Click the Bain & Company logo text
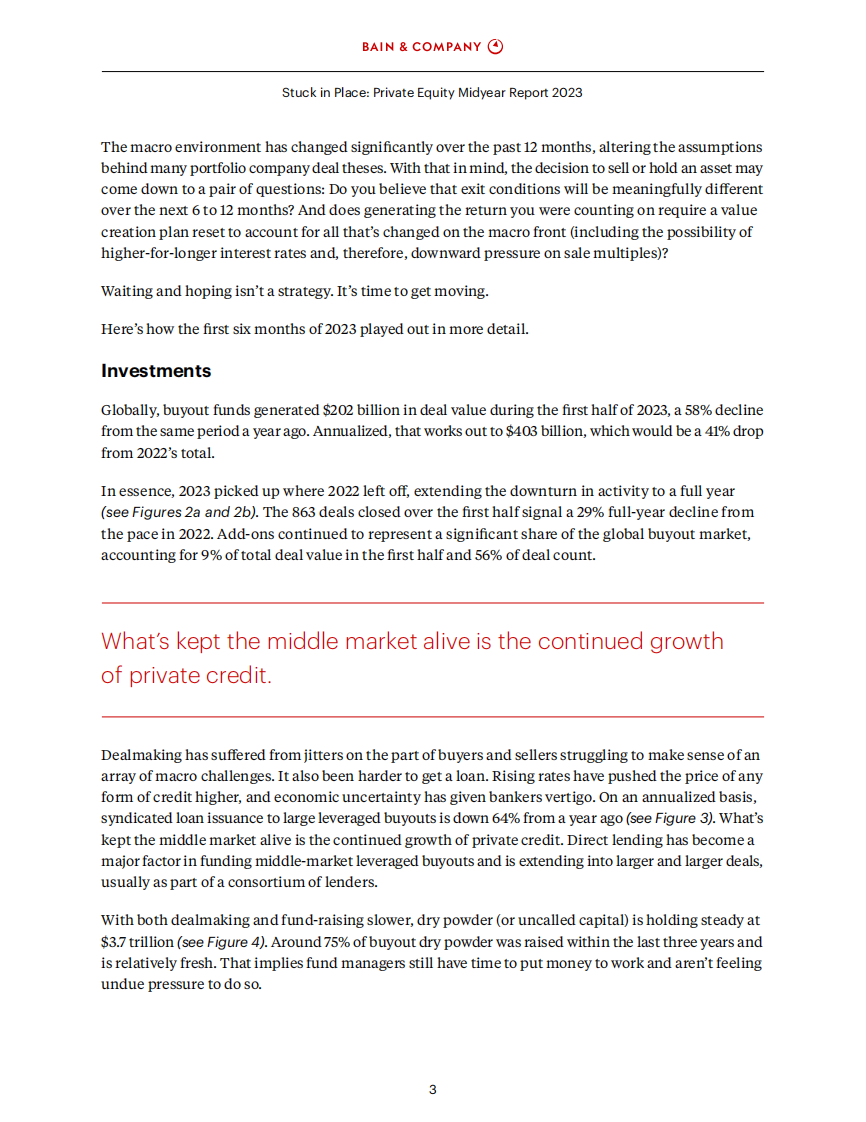[423, 46]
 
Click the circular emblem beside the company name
[496, 46]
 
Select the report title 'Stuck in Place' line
[432, 93]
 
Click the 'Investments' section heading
[156, 371]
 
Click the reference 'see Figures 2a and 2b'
[179, 511]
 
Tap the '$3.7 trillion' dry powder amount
[137, 941]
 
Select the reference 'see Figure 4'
[220, 941]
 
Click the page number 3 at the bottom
[432, 1090]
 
